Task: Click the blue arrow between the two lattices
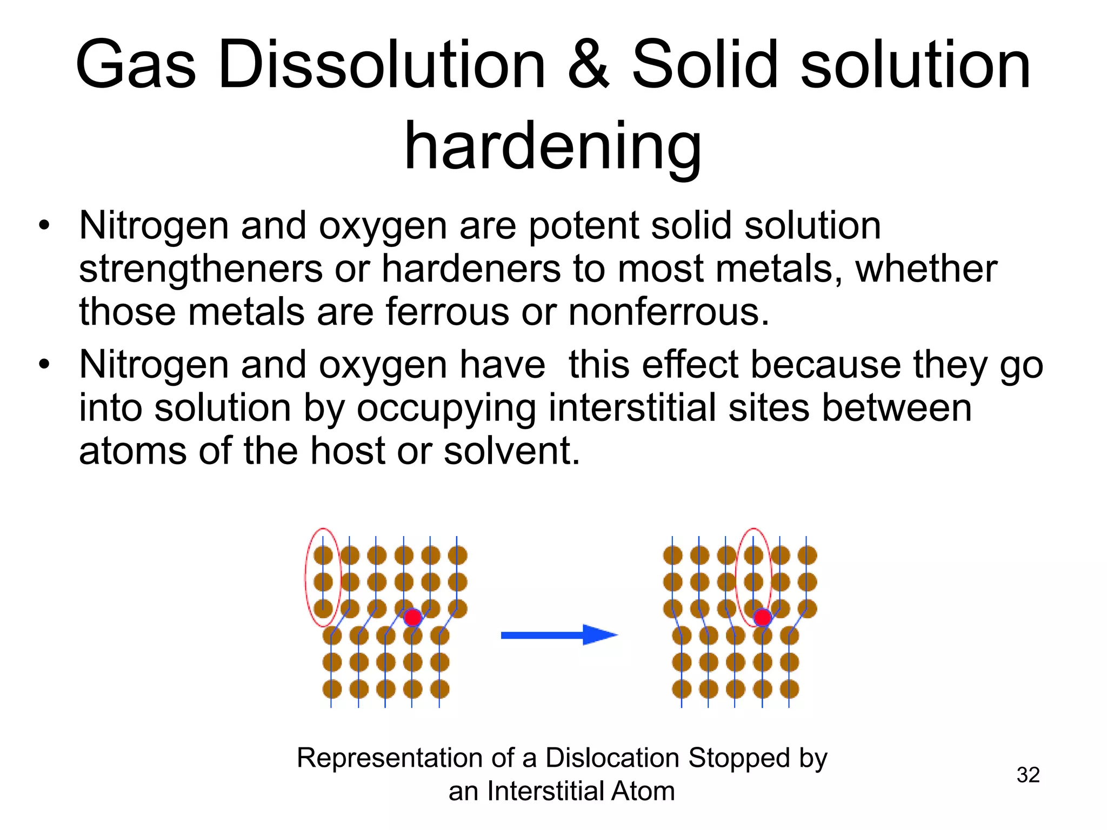(559, 635)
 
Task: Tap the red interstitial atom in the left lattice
(413, 617)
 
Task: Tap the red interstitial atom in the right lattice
(762, 617)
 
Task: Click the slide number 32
(1028, 775)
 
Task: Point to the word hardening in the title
(552, 146)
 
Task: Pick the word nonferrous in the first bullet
(669, 312)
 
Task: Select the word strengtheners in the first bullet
(201, 269)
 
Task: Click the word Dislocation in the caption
(611, 758)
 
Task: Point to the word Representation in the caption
(389, 758)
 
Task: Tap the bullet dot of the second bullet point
(44, 364)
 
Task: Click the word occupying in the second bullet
(446, 409)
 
